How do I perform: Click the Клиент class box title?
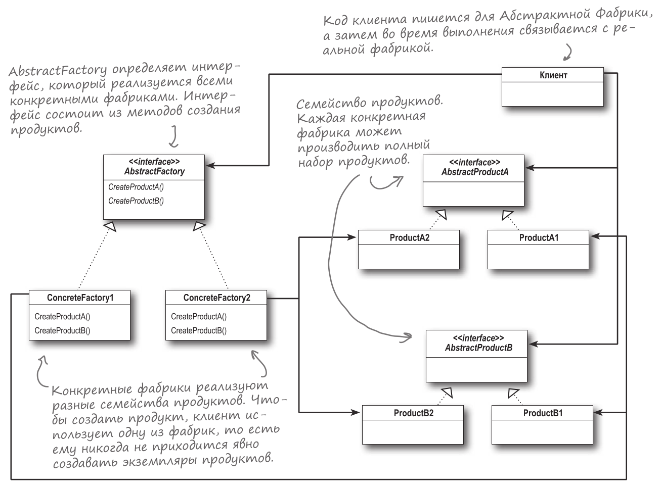553,75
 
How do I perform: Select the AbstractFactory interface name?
154,171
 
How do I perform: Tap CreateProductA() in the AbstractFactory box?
136,187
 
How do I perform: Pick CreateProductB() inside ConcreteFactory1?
62,330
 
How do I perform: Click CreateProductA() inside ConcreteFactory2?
199,317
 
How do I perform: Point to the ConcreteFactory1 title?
80,298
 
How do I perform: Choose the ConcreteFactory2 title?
216,298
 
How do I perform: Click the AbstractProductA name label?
474,172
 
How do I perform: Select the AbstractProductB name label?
478,348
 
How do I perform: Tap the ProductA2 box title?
409,237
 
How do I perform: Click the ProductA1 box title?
539,237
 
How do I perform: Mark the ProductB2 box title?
413,413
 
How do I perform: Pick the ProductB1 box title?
543,413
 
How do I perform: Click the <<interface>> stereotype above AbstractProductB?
478,338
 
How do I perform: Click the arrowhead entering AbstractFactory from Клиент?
209,165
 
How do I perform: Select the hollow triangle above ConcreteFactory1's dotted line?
110,226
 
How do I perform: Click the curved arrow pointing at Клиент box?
568,52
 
